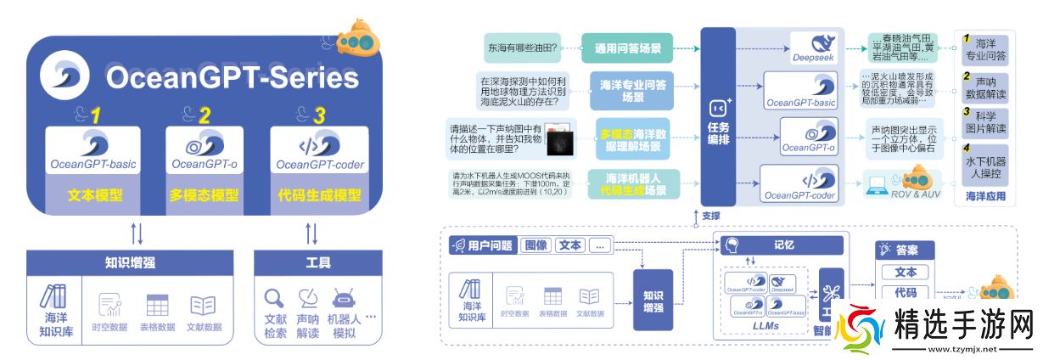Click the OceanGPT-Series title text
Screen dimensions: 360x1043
tap(231, 79)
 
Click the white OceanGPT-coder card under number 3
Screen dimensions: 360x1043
tap(319, 149)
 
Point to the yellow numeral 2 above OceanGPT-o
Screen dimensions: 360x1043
tap(205, 115)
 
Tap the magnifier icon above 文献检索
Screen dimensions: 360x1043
tap(274, 299)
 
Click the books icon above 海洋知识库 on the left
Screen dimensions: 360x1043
tap(53, 296)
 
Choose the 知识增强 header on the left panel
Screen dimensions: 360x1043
tap(129, 262)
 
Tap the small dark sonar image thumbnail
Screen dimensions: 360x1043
tap(558, 142)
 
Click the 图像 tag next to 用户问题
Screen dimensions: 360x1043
tap(535, 245)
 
